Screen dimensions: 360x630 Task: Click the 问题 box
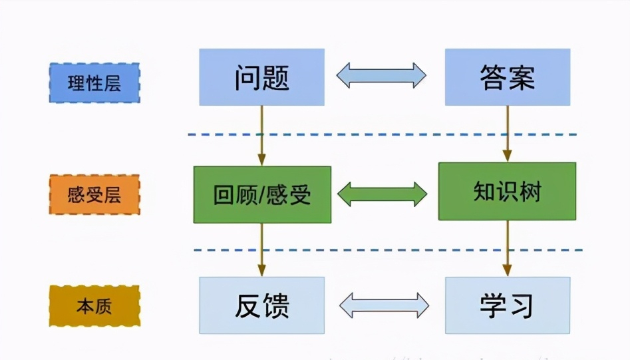pyautogui.click(x=261, y=77)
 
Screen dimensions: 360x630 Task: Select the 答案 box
pyautogui.click(x=507, y=77)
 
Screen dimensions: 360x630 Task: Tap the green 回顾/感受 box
pyautogui.click(x=261, y=194)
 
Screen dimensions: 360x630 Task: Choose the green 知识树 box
pyautogui.click(x=507, y=192)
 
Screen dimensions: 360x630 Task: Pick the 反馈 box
pyautogui.click(x=261, y=305)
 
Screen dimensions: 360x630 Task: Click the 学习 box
pyautogui.click(x=507, y=305)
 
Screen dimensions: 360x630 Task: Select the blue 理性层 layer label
pyautogui.click(x=94, y=83)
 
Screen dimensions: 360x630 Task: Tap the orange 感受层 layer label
pyautogui.click(x=94, y=195)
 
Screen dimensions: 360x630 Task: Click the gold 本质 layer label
pyautogui.click(x=94, y=306)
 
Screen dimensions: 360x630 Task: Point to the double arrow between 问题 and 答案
pyautogui.click(x=381, y=75)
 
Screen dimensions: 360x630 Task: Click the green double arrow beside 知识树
pyautogui.click(x=382, y=194)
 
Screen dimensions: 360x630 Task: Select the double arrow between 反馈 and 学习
pyautogui.click(x=384, y=305)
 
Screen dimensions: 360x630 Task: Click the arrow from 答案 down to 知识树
pyautogui.click(x=507, y=133)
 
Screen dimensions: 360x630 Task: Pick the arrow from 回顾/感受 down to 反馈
pyautogui.click(x=261, y=250)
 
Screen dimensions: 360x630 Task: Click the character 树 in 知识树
pyautogui.click(x=530, y=192)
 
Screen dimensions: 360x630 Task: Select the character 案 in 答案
pyautogui.click(x=522, y=78)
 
